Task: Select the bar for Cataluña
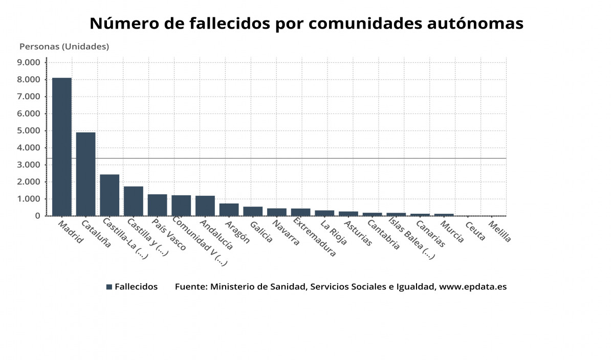(86, 174)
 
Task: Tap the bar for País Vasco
(157, 205)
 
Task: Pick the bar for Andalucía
(205, 206)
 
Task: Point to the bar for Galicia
(253, 211)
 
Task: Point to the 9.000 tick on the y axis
(29, 62)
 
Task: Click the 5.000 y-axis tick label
(29, 130)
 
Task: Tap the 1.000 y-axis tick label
(29, 199)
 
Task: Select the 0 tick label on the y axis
(37, 216)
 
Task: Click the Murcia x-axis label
(452, 232)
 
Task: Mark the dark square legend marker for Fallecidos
(109, 287)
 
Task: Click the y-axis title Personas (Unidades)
(64, 47)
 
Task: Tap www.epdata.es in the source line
(473, 286)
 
